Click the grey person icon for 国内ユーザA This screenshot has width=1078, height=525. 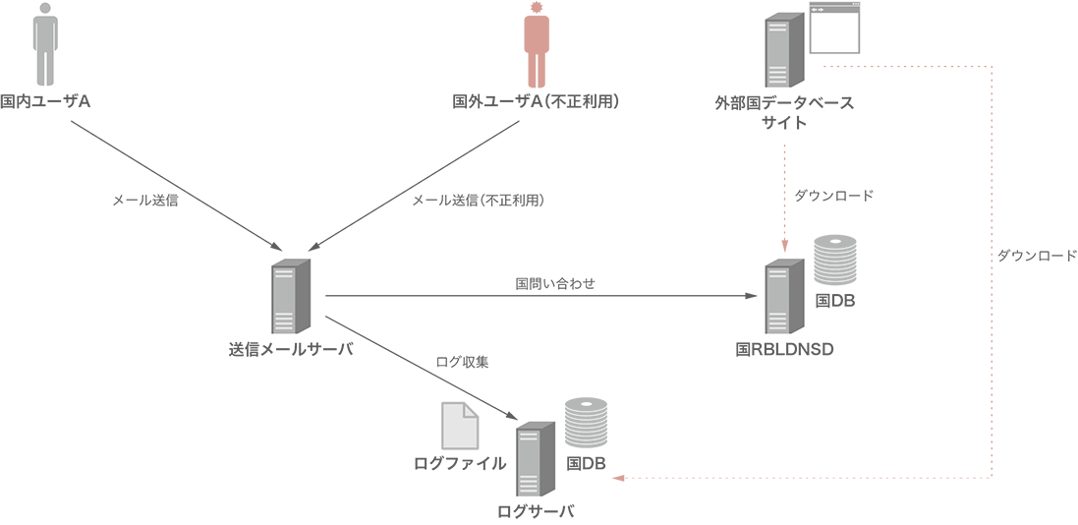point(44,43)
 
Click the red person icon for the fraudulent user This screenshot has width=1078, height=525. point(536,44)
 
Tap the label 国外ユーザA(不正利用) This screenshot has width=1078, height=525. point(535,102)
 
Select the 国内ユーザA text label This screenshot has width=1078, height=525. point(46,101)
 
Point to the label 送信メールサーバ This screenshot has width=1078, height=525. point(290,350)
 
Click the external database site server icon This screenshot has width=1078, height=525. point(782,51)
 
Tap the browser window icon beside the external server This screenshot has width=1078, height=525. point(833,28)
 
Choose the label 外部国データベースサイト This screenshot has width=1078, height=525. point(784,112)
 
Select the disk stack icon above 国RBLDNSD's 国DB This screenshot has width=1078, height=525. point(835,261)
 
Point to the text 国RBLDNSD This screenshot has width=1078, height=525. point(784,349)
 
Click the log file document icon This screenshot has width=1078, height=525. point(460,426)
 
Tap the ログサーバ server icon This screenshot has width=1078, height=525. point(536,460)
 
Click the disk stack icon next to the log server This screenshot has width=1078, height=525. point(586,423)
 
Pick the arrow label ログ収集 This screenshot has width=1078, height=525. point(462,362)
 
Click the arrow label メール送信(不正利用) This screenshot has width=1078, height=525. point(478,200)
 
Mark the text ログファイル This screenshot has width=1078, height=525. point(460,463)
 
